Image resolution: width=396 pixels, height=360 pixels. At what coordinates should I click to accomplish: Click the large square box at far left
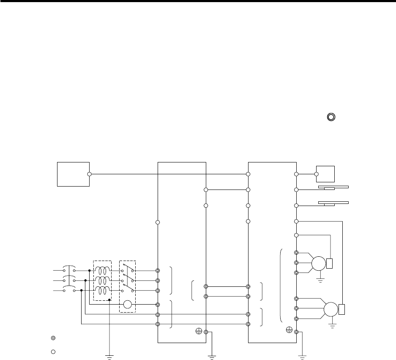pos(73,174)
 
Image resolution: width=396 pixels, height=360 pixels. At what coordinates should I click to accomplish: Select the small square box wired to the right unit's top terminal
pos(325,174)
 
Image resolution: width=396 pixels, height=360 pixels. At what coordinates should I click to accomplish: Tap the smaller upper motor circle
pos(318,263)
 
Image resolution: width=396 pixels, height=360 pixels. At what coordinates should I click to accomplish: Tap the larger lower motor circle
pos(331,308)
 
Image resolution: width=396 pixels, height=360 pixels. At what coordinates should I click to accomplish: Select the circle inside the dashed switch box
pos(128,305)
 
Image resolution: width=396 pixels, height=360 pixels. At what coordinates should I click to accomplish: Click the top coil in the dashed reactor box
pos(102,270)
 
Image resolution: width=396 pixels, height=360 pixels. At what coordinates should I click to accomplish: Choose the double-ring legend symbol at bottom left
pos(53,338)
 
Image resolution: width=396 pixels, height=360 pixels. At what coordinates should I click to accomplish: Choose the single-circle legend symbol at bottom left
pos(53,352)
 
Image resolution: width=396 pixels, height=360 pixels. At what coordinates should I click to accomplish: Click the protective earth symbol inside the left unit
pos(198,331)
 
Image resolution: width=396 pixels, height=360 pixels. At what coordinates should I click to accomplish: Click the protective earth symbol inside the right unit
pos(289,330)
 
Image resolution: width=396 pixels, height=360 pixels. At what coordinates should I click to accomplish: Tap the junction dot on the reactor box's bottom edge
pos(109,300)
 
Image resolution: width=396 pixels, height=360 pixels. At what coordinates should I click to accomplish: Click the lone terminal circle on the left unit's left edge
pos(157,222)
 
